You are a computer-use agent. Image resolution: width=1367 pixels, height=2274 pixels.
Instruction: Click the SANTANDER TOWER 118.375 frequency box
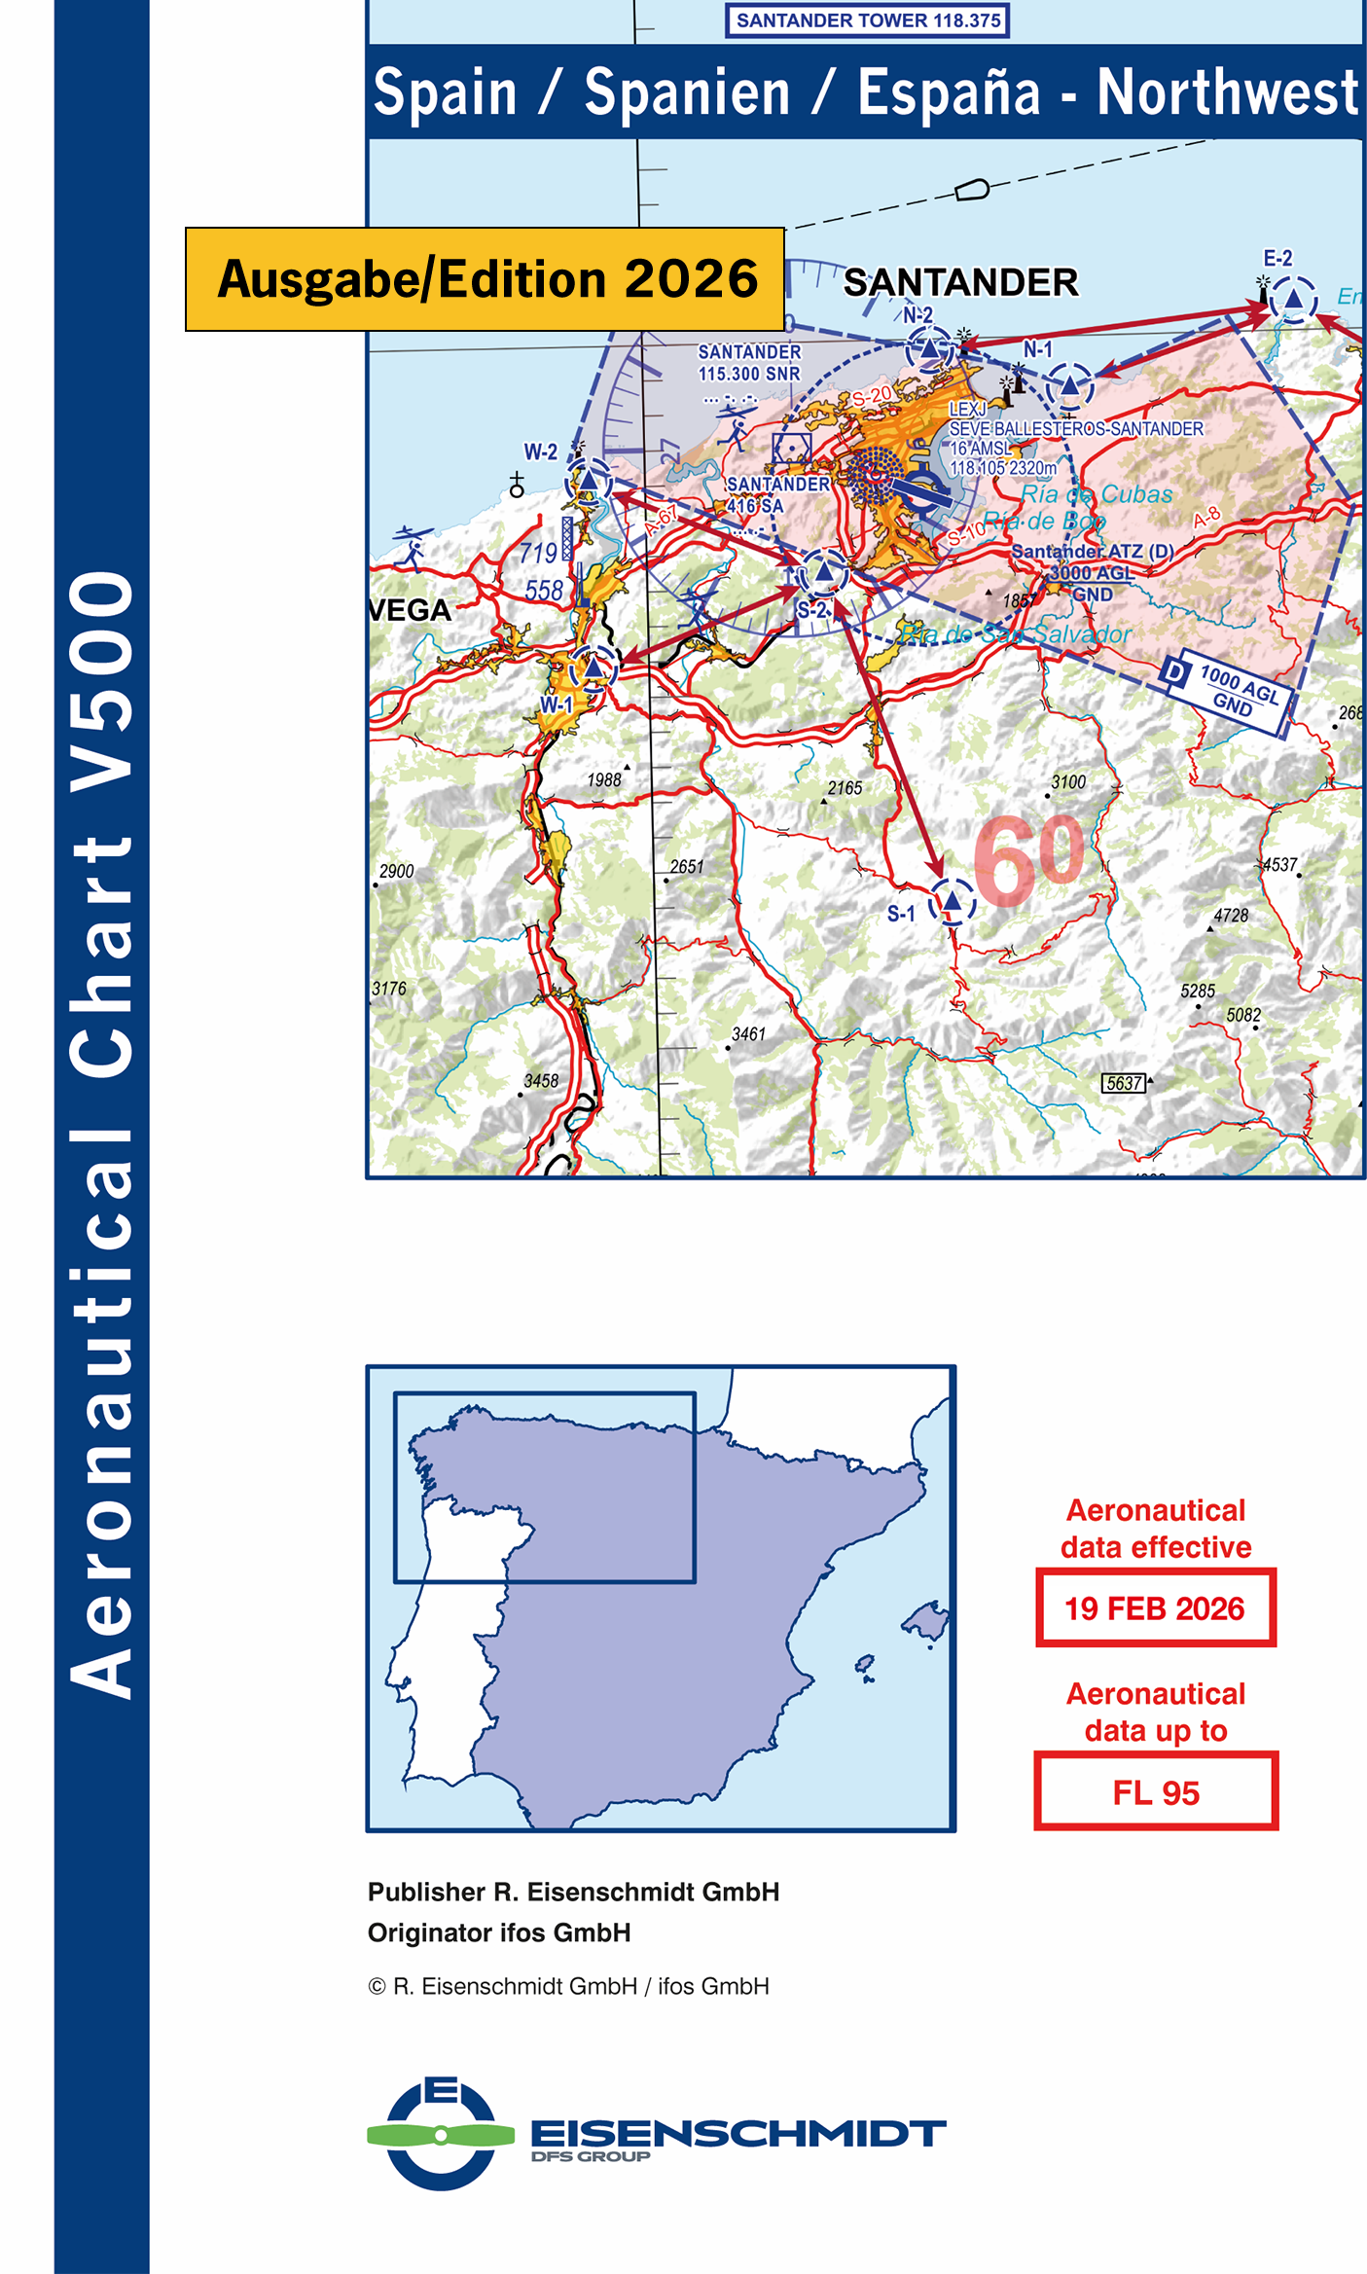point(867,20)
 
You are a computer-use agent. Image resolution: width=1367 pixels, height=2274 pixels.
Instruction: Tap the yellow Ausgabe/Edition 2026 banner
point(486,279)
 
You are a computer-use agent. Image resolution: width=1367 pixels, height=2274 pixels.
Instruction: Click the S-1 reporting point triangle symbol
point(952,903)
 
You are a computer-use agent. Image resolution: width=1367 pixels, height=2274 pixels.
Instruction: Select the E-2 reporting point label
point(1277,259)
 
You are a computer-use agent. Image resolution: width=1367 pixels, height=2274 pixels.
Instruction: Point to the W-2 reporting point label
point(541,452)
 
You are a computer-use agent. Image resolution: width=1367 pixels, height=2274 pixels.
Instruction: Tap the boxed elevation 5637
point(1124,1083)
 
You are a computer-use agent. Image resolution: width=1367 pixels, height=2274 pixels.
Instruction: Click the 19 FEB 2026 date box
point(1155,1608)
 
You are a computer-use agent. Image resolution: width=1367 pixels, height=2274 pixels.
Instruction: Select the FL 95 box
point(1156,1792)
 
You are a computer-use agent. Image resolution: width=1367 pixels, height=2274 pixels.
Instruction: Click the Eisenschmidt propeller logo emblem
point(441,2135)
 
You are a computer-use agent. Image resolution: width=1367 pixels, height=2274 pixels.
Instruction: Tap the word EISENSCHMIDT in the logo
point(737,2133)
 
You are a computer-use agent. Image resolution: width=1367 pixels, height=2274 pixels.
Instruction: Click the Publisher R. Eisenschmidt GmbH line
point(573,1892)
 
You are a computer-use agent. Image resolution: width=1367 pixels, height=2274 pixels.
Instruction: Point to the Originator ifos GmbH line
point(499,1932)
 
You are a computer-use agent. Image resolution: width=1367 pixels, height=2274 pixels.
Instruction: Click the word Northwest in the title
point(1227,92)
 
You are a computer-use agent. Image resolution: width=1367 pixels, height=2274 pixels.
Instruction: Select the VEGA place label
point(411,611)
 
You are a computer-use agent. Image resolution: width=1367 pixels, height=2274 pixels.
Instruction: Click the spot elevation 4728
point(1230,916)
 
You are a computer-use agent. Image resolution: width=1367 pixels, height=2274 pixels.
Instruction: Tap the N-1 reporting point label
point(1037,349)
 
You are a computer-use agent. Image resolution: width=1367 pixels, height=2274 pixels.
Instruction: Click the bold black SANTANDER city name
point(960,283)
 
